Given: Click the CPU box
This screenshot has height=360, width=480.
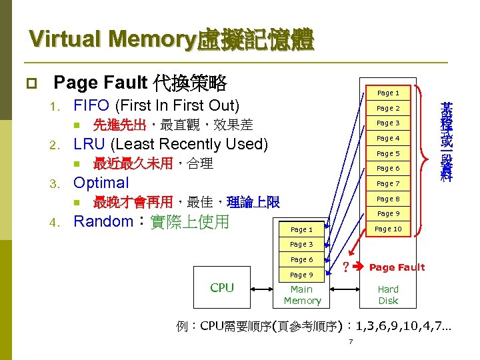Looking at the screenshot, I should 221,288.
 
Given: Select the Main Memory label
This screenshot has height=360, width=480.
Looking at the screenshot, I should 302,295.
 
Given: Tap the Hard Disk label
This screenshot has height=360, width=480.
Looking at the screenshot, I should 388,295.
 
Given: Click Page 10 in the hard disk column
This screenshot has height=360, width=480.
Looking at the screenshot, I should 388,229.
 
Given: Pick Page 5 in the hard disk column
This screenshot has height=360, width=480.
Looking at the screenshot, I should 388,153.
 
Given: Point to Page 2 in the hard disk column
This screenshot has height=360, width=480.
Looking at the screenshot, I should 388,108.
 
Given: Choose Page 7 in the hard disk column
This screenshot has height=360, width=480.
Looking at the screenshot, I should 388,183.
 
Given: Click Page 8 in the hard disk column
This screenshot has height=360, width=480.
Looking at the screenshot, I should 388,199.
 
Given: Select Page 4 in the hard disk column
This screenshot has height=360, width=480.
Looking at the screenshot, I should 388,139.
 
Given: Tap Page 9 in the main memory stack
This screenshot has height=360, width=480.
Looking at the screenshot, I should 301,275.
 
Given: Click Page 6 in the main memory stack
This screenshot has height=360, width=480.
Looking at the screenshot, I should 301,260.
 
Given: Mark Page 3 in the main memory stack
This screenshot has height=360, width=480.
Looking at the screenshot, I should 301,245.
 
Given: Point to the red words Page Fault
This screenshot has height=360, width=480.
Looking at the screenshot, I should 397,267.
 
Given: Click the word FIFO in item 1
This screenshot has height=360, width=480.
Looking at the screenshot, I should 92,105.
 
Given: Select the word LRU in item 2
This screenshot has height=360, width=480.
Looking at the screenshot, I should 89,144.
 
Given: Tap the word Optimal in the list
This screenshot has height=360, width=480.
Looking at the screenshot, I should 101,183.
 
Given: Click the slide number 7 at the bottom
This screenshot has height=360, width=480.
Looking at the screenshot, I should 350,342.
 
